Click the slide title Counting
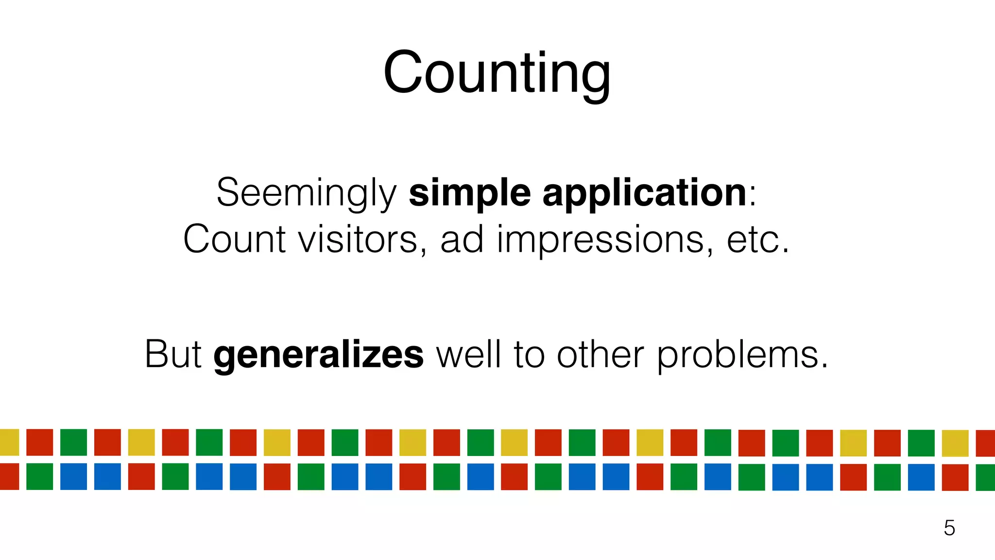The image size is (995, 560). (497, 73)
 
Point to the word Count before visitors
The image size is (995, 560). (234, 239)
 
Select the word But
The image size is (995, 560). (173, 354)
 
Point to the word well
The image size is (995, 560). (468, 354)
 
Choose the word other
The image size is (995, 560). (600, 354)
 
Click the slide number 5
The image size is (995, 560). (949, 528)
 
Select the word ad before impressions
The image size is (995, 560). (462, 239)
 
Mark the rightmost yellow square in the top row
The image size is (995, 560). (955, 443)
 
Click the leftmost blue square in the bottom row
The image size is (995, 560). (73, 476)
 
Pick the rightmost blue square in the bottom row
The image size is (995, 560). (921, 477)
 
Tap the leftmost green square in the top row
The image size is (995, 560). (73, 442)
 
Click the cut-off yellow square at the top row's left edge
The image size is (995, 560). (9, 442)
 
